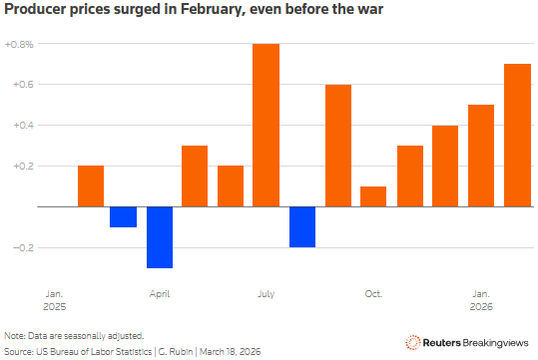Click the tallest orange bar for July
[x=266, y=125]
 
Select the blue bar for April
[x=160, y=236]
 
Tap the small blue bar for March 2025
[x=124, y=216]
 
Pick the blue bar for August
[x=301, y=226]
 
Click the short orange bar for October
[x=372, y=196]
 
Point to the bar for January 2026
[x=480, y=156]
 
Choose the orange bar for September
[x=337, y=146]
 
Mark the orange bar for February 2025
[x=90, y=185]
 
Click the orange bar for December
[x=444, y=166]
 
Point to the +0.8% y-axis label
[x=18, y=45]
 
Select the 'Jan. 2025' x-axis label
[x=55, y=299]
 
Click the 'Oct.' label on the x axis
[x=373, y=293]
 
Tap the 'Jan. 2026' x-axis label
[x=480, y=299]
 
